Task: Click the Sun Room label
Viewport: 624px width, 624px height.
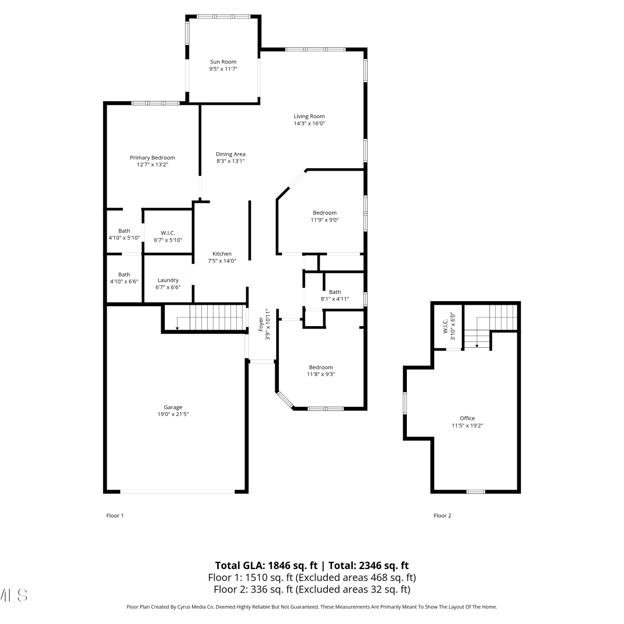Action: coord(223,62)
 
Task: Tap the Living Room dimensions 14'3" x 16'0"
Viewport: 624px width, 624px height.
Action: coord(309,124)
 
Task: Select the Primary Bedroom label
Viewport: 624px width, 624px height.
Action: coord(152,158)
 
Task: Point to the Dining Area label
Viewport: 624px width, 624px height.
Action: coord(230,154)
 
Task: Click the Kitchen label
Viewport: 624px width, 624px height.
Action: coord(222,254)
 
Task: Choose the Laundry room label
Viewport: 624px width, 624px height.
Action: coord(168,280)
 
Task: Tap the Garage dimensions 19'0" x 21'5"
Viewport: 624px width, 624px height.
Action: coord(173,414)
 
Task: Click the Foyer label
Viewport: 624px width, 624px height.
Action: coord(261,324)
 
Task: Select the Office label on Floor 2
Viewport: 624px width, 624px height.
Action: coord(467,418)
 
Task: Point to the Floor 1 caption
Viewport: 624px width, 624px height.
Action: coord(115,516)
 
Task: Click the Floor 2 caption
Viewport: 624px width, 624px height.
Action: coord(442,516)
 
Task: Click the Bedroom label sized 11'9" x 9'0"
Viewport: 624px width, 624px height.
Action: coord(324,213)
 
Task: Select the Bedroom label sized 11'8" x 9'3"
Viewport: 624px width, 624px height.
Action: coord(321,367)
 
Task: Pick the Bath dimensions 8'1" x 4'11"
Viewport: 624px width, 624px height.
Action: coord(335,299)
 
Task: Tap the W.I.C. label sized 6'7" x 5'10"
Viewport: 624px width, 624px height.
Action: coord(168,233)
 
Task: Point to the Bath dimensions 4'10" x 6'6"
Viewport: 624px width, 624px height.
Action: coord(124,282)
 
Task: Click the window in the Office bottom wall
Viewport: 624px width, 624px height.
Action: coord(475,492)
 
